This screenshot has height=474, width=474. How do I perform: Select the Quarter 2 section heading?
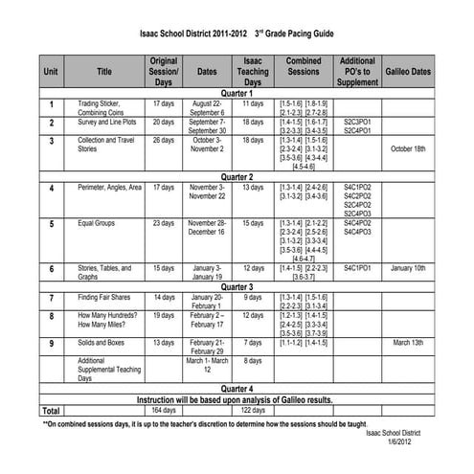coord(237,177)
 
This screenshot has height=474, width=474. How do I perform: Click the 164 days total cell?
coord(164,409)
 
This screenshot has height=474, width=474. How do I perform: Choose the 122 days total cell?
coord(254,409)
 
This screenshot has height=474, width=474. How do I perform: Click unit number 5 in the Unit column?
coord(51,224)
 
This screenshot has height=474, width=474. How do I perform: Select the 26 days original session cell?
coord(164,140)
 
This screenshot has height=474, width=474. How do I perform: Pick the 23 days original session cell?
coord(164,223)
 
